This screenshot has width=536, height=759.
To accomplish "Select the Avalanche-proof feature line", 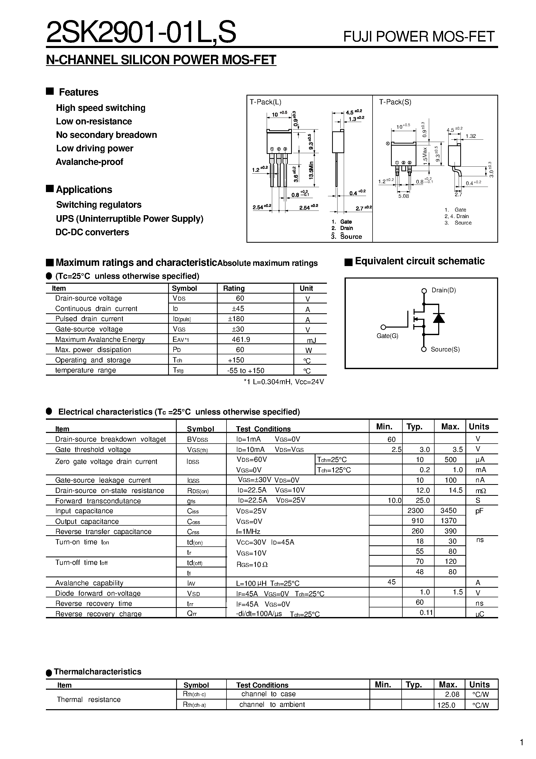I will pos(89,162).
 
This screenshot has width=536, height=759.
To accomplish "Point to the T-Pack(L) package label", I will pos(265,102).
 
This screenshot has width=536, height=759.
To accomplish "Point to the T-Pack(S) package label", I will pos(395,102).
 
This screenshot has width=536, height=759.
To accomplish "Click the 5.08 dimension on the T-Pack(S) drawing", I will pos(403,196).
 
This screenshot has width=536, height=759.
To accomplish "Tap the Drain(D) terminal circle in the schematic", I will pos(424,291).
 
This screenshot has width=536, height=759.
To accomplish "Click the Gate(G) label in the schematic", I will pos(387,336).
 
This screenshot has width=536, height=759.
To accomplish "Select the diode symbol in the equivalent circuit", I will pos(438,318).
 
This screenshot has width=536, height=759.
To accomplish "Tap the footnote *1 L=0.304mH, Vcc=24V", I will pos(284,382).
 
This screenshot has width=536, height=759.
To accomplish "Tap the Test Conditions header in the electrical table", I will pos(263,429).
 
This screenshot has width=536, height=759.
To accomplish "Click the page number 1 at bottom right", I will pos(522,743).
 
